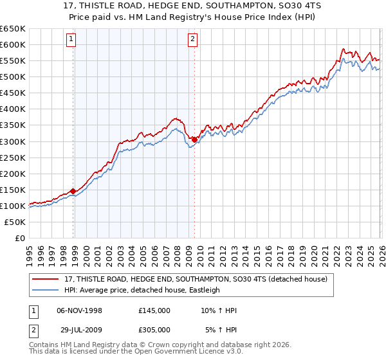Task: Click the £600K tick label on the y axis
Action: click(x=13, y=44)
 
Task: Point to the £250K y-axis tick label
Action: click(x=13, y=157)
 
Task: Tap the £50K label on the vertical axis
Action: click(x=15, y=222)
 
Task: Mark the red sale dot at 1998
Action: click(x=73, y=191)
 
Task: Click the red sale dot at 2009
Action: click(x=194, y=139)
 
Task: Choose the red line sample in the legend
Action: click(x=46, y=279)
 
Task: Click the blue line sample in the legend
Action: click(x=46, y=290)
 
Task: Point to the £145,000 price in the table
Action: click(x=154, y=310)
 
